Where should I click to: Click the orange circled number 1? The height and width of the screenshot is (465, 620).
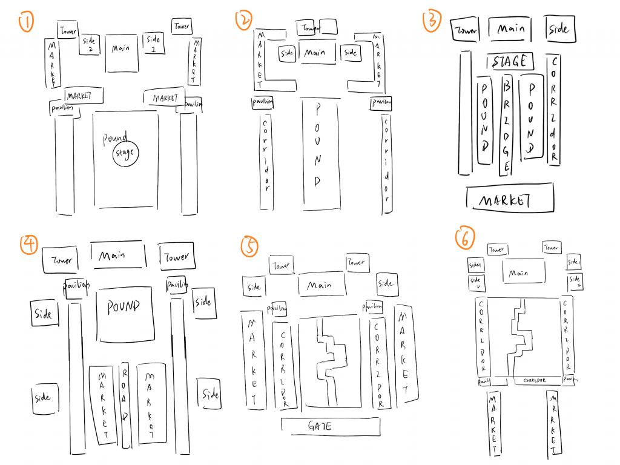pos(27,23)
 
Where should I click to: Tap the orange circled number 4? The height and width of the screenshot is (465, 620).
pos(28,244)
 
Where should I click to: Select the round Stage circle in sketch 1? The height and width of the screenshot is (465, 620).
pos(126,154)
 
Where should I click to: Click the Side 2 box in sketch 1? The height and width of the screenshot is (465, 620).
pos(90,44)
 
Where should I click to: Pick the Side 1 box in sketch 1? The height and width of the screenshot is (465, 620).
pos(152,44)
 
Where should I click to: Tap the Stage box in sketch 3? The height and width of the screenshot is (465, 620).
pos(510,62)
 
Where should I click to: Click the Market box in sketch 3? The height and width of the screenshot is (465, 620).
pos(510,199)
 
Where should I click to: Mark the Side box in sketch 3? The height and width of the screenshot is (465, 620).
pos(558,29)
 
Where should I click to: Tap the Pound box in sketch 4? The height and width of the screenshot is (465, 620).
pos(124,311)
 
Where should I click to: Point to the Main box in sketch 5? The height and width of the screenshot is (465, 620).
pos(321,285)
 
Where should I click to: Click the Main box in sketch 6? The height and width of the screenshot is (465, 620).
pos(518,273)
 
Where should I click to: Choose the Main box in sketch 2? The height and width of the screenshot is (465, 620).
pos(315,53)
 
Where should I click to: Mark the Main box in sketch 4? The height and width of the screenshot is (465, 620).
pos(118,255)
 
